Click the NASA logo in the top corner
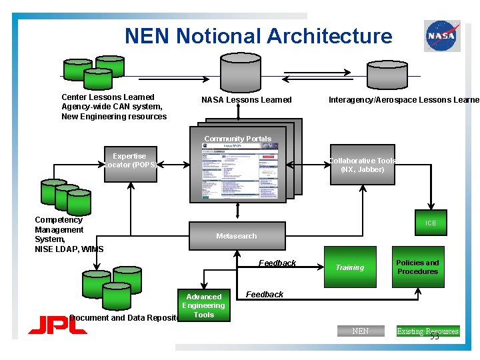442,35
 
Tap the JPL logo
57,326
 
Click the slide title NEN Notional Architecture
259,35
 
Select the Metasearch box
237,236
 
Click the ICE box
431,223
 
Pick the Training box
350,267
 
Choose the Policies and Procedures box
417,267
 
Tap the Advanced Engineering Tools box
204,305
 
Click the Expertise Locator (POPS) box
129,160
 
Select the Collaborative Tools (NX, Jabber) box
363,165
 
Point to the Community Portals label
238,139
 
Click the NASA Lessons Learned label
247,100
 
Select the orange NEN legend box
360,331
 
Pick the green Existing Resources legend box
427,331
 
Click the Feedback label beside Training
277,263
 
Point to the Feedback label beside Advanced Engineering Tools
265,294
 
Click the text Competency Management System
59,229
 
